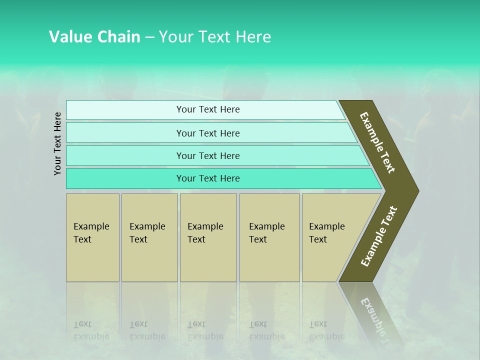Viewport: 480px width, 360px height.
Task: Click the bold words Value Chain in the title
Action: [x=94, y=37]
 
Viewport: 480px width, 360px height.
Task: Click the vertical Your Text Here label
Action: [x=58, y=143]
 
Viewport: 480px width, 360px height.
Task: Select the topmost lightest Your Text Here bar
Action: [x=208, y=109]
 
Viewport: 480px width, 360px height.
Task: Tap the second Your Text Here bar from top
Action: [x=208, y=133]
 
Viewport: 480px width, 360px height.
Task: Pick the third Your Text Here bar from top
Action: [x=208, y=155]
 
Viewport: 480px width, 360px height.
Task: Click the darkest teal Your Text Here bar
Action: [x=208, y=178]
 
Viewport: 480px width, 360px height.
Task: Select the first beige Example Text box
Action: [x=92, y=237]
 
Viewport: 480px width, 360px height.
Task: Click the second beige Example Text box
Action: [x=149, y=237]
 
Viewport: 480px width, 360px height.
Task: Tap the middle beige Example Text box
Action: [x=208, y=237]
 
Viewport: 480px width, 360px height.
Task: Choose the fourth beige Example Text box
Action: [x=269, y=237]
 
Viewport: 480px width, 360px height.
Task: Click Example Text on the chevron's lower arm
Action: [x=379, y=236]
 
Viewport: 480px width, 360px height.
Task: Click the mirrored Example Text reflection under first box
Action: [x=91, y=330]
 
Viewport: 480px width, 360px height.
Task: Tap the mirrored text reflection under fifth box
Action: [x=326, y=330]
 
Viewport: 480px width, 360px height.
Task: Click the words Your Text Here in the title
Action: [x=214, y=37]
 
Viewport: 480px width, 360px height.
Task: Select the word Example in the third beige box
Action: [x=205, y=226]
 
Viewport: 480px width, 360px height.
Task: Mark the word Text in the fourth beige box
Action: [x=258, y=239]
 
